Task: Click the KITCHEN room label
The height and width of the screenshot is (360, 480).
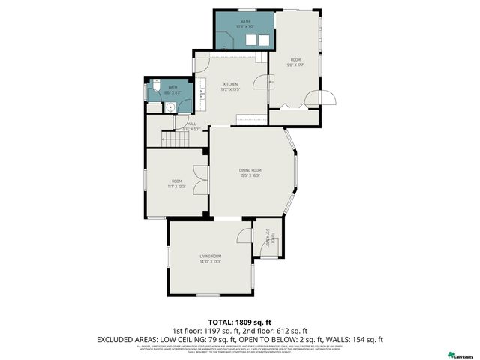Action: tap(229, 84)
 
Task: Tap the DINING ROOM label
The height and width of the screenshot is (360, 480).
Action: tap(250, 170)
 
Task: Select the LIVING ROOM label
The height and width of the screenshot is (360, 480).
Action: tap(210, 256)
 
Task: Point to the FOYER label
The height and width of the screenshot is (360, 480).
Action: tap(274, 238)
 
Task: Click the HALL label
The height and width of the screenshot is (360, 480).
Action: tap(192, 124)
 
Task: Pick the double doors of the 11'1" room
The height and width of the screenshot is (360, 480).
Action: tap(198, 181)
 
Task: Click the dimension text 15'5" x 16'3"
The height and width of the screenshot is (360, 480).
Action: tap(250, 176)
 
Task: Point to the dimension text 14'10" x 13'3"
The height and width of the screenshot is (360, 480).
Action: tap(210, 262)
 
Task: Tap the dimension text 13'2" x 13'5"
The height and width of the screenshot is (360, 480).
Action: tap(229, 90)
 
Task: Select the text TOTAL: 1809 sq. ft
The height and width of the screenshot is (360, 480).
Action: tap(239, 320)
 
